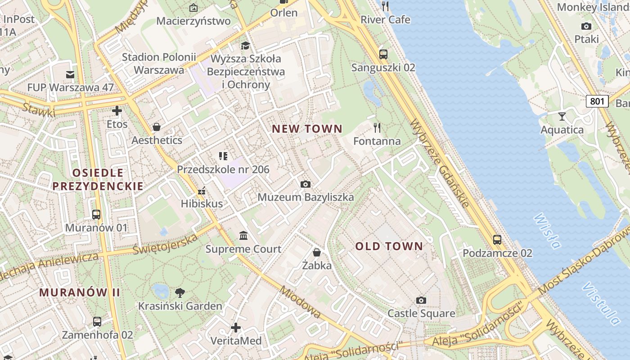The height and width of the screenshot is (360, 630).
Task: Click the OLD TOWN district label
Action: pyautogui.click(x=389, y=246)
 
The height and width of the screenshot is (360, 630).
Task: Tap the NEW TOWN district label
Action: pyautogui.click(x=307, y=129)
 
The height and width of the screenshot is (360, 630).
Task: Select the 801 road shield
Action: pyautogui.click(x=597, y=101)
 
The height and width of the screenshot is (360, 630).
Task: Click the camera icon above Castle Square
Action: pyautogui.click(x=421, y=300)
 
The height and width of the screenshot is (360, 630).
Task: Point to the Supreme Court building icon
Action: pyautogui.click(x=243, y=236)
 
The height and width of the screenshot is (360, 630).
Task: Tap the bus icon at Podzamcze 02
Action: pyautogui.click(x=497, y=240)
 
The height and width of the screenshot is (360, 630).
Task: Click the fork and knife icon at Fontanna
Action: pyautogui.click(x=377, y=128)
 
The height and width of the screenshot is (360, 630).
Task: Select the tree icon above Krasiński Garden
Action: pyautogui.click(x=180, y=293)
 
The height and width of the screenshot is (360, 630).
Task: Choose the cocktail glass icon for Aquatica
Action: pyautogui.click(x=562, y=117)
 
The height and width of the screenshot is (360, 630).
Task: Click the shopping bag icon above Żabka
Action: pyautogui.click(x=317, y=252)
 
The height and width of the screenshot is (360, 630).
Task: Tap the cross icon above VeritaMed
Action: pyautogui.click(x=235, y=328)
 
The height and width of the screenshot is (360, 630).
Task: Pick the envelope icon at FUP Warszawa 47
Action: pyautogui.click(x=70, y=74)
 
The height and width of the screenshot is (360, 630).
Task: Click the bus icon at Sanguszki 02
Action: pyautogui.click(x=383, y=54)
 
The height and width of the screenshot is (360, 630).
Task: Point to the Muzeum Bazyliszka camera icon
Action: pyautogui.click(x=306, y=184)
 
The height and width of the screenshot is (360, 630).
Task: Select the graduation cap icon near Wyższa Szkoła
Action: pyautogui.click(x=245, y=45)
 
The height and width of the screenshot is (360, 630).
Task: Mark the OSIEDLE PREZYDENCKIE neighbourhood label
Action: pyautogui.click(x=98, y=179)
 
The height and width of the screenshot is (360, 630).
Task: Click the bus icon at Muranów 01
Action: pyautogui.click(x=96, y=215)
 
